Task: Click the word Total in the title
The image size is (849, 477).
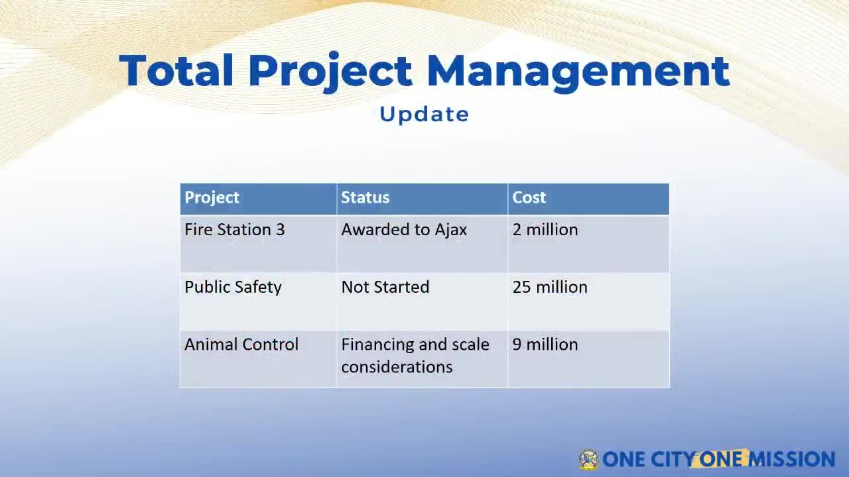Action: pyautogui.click(x=176, y=70)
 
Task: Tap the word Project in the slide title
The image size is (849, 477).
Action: pyautogui.click(x=330, y=72)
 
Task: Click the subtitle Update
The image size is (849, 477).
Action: pyautogui.click(x=424, y=115)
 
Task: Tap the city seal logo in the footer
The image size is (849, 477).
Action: pyautogui.click(x=588, y=460)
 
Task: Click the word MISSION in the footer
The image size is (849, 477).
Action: pyautogui.click(x=792, y=459)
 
